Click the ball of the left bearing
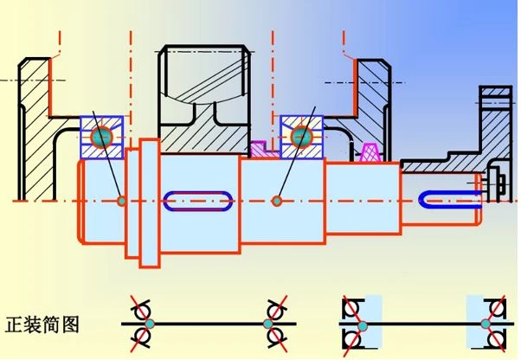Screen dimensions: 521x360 101,137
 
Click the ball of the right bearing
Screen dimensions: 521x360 302,137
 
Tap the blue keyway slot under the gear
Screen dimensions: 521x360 197,201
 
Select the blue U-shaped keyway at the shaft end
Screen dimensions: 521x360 448,199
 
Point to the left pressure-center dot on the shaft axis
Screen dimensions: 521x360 122,201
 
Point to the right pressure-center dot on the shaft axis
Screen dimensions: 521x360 276,201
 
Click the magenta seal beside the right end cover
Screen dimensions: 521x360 370,152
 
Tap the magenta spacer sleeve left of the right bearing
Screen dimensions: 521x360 262,150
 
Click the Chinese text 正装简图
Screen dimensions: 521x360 42,325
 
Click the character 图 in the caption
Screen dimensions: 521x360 71,325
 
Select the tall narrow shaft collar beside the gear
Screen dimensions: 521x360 150,202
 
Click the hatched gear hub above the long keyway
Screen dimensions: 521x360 203,133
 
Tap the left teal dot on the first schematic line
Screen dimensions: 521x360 150,324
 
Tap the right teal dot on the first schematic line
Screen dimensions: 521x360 267,324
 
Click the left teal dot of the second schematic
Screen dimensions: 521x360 363,325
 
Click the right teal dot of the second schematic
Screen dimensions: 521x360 486,324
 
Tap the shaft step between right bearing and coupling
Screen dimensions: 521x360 363,198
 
